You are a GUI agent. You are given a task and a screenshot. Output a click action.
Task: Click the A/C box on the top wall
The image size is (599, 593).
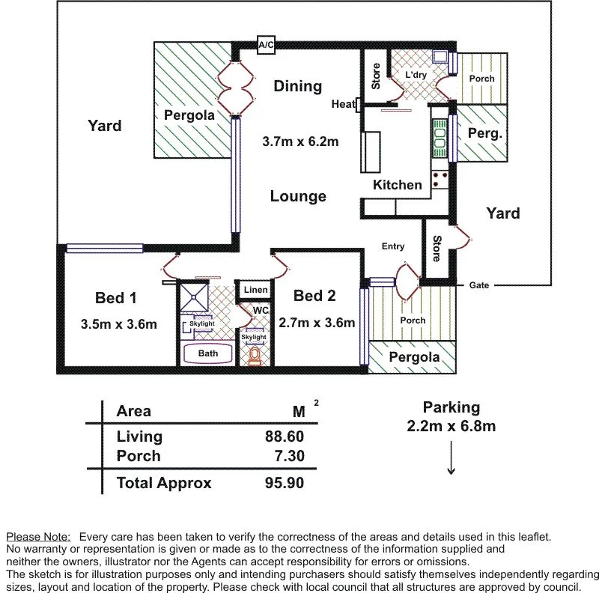click(266, 46)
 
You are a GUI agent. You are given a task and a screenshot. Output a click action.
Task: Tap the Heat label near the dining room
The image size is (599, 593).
click(343, 104)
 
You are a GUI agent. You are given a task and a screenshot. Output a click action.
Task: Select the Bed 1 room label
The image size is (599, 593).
click(115, 298)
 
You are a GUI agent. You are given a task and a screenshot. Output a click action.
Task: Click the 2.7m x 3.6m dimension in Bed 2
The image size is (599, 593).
click(316, 323)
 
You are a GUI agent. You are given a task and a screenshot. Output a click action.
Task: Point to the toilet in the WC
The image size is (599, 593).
click(255, 355)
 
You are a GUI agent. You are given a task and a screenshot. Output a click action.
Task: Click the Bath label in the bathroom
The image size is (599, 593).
click(208, 353)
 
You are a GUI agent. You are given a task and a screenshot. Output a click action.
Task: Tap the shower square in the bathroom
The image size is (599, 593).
click(195, 296)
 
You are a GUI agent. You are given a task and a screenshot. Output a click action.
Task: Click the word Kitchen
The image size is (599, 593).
click(398, 185)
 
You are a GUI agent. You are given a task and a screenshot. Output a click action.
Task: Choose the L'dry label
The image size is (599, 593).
click(416, 76)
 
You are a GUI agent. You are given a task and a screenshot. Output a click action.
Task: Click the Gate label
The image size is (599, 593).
click(479, 285)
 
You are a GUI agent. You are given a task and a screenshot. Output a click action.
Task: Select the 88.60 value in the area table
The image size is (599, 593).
click(285, 437)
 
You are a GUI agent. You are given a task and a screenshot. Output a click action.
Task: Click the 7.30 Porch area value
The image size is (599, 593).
click(288, 456)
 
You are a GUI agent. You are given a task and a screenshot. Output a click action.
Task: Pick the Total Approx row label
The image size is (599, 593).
click(164, 483)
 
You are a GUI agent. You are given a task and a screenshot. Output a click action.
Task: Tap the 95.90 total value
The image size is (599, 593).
click(285, 483)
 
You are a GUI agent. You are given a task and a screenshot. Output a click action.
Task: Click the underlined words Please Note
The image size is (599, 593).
click(38, 537)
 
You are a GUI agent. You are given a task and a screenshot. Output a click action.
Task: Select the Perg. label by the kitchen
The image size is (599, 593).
click(484, 133)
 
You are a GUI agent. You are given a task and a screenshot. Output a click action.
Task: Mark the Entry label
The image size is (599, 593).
click(392, 246)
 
